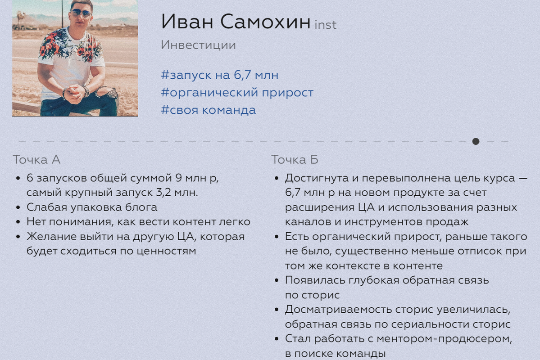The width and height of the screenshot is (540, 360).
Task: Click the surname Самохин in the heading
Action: [x=265, y=22]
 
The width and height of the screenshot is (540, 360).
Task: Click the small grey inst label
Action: [x=326, y=25]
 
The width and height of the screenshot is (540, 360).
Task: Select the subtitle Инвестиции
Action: [x=198, y=45]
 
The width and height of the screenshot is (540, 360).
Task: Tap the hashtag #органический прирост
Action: [x=237, y=93]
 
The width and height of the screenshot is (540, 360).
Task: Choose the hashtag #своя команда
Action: [x=208, y=110]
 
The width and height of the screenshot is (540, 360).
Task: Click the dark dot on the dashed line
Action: [x=476, y=141]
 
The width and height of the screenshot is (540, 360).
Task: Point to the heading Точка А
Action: [x=36, y=160]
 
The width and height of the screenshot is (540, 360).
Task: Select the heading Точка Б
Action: [x=295, y=160]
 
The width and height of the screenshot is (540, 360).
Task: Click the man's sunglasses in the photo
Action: [x=81, y=13]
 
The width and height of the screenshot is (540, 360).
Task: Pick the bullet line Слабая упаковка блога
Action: [x=92, y=207]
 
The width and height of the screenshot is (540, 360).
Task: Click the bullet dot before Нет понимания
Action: [x=18, y=222]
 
